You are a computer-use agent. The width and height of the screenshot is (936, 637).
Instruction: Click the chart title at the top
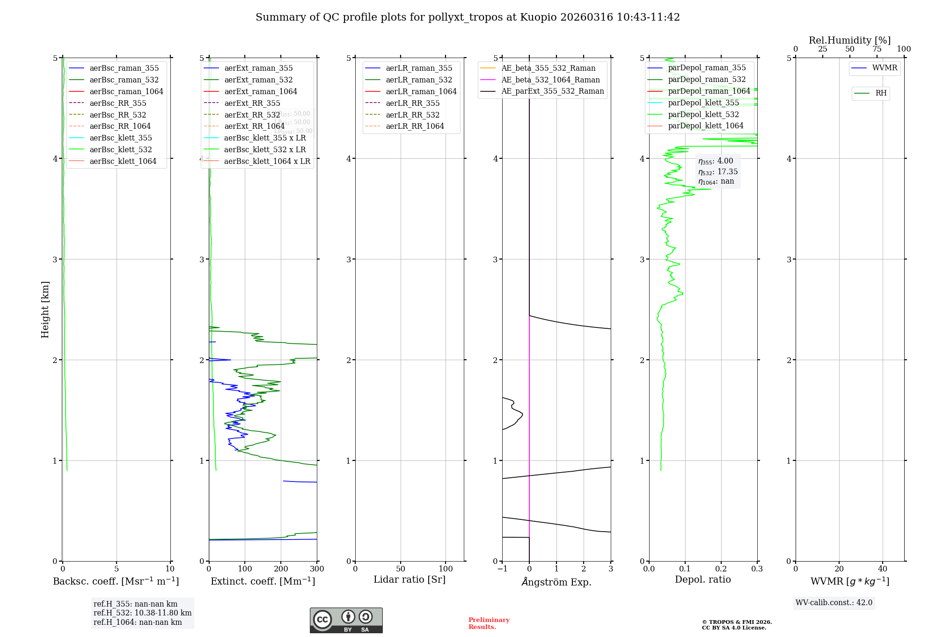pyautogui.click(x=468, y=17)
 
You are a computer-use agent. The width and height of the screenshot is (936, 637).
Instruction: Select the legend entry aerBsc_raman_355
pyautogui.click(x=124, y=68)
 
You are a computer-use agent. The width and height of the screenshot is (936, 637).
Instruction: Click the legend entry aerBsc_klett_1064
pyautogui.click(x=123, y=162)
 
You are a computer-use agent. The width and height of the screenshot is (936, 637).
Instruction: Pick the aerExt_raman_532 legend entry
pyautogui.click(x=258, y=80)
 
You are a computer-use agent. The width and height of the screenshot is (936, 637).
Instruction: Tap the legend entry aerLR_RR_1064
pyautogui.click(x=415, y=126)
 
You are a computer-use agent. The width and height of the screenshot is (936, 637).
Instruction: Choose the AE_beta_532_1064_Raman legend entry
pyautogui.click(x=550, y=80)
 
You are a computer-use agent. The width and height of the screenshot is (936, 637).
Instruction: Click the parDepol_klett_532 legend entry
pyautogui.click(x=703, y=115)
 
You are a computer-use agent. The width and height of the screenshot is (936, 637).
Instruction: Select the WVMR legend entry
pyautogui.click(x=885, y=68)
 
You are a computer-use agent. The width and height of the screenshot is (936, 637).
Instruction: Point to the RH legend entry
pyautogui.click(x=881, y=93)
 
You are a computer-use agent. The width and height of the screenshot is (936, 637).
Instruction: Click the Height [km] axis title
pyautogui.click(x=45, y=310)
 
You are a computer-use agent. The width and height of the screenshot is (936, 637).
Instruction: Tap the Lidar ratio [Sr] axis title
pyautogui.click(x=409, y=580)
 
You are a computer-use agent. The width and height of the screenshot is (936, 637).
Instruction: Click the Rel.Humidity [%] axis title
pyautogui.click(x=849, y=40)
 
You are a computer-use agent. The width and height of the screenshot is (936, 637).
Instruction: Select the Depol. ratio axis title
pyautogui.click(x=702, y=580)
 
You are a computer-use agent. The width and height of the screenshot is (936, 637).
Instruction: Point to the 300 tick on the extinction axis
pyautogui.click(x=317, y=569)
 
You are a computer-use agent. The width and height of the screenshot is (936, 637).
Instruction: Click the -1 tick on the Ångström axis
pyautogui.click(x=502, y=569)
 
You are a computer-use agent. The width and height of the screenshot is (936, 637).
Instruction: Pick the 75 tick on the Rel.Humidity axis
pyautogui.click(x=877, y=49)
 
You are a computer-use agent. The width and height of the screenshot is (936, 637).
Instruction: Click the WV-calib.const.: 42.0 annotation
pyautogui.click(x=834, y=603)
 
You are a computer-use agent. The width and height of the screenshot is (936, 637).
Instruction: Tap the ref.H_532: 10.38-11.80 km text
pyautogui.click(x=142, y=613)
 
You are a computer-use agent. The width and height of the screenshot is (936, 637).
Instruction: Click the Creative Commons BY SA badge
pyautogui.click(x=346, y=621)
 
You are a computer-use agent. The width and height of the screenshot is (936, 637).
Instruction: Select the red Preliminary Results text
pyautogui.click(x=489, y=623)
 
